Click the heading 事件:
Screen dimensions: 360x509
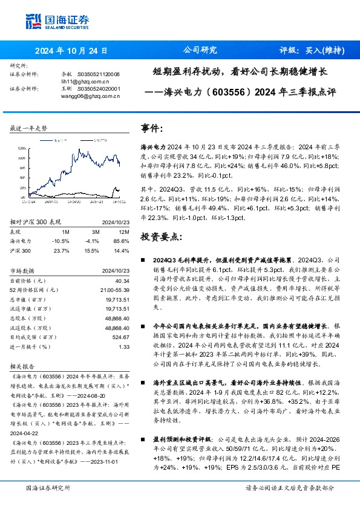coord(151,129)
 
